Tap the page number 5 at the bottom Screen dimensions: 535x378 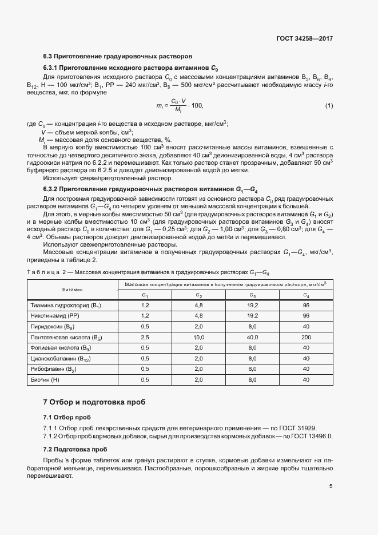click(331, 486)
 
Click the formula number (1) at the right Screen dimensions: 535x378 click(329, 106)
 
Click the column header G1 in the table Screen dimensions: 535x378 click(145, 295)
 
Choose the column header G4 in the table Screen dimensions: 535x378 click(306, 295)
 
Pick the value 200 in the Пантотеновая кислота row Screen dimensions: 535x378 click(306, 338)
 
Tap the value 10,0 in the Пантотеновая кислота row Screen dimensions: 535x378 click(199, 338)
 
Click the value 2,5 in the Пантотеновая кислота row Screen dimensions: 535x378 click(145, 338)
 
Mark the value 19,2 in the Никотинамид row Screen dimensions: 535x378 click(252, 316)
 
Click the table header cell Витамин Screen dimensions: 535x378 click(73, 290)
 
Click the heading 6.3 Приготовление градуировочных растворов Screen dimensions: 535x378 click(118, 57)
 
